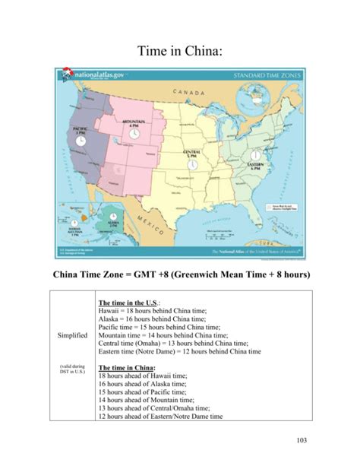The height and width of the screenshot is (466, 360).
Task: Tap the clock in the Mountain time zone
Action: point(134,133)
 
